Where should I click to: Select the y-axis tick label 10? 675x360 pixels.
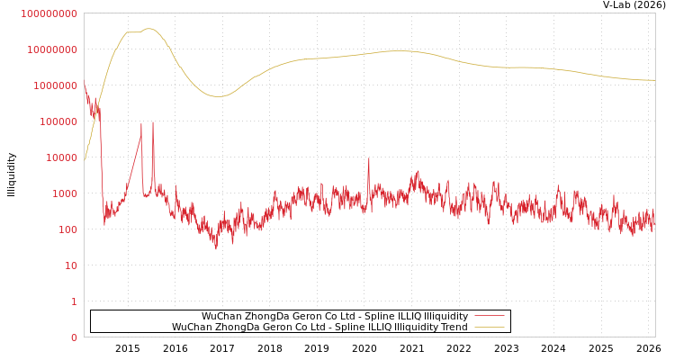(x=70, y=265)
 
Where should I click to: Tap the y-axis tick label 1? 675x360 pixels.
(x=74, y=301)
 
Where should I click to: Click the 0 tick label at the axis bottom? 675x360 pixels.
(x=74, y=337)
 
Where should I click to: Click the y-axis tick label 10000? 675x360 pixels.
(x=62, y=157)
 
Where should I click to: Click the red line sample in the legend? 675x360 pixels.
(x=489, y=316)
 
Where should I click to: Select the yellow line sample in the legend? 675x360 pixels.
(x=489, y=327)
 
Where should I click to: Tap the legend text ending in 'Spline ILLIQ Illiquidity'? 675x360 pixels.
(x=334, y=316)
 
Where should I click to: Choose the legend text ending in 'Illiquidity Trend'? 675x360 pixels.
(x=319, y=327)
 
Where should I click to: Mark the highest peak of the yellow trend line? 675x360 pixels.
(x=148, y=29)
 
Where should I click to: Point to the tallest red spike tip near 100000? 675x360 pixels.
(x=153, y=122)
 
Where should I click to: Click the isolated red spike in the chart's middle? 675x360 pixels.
(x=368, y=159)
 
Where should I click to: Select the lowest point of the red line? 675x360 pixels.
(x=215, y=248)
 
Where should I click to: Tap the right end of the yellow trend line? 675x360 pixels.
(x=654, y=80)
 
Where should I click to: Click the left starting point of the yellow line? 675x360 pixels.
(x=85, y=159)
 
